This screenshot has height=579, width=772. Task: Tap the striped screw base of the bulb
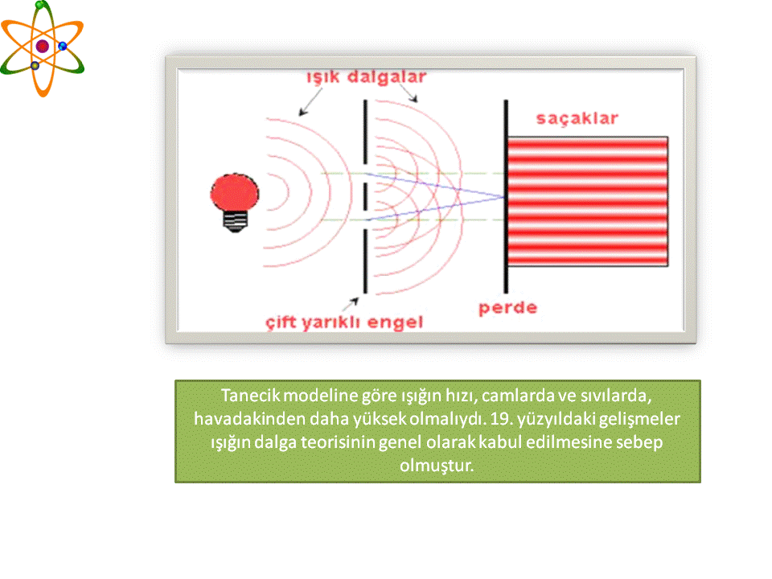(236, 221)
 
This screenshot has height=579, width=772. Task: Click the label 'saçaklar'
(577, 118)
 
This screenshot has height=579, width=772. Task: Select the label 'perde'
(507, 308)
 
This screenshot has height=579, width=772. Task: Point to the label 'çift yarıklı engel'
(344, 322)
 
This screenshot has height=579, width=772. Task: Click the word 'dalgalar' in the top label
(387, 77)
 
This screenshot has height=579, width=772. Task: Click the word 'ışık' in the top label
(323, 78)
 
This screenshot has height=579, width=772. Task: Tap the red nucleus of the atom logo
(43, 47)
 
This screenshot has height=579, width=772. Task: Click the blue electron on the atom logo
(63, 47)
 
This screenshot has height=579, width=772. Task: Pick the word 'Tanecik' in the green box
(251, 396)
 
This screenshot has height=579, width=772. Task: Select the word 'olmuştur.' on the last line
(437, 466)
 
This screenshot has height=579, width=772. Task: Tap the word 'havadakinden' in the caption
(249, 418)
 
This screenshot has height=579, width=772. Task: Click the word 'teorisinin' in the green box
(338, 442)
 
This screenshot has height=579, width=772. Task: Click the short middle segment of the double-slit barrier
(365, 196)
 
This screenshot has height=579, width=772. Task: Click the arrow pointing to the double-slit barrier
(350, 304)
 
